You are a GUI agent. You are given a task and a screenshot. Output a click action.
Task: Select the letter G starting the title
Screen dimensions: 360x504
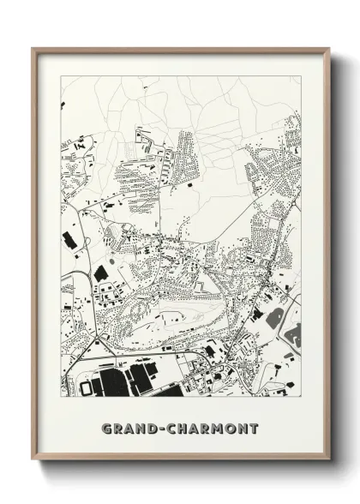pyautogui.click(x=105, y=427)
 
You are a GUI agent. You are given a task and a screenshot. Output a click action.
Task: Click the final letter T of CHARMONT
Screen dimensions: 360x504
pyautogui.click(x=255, y=427)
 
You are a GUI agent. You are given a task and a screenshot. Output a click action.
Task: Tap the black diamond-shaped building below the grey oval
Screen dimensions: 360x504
pyautogui.click(x=101, y=273)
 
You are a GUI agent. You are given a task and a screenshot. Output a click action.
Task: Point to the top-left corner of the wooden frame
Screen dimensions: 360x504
pyautogui.click(x=33, y=49)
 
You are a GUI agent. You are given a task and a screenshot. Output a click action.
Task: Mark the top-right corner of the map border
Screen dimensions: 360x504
pyautogui.click(x=301, y=76)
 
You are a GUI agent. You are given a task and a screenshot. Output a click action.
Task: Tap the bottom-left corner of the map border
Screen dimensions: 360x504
pyautogui.click(x=62, y=397)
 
